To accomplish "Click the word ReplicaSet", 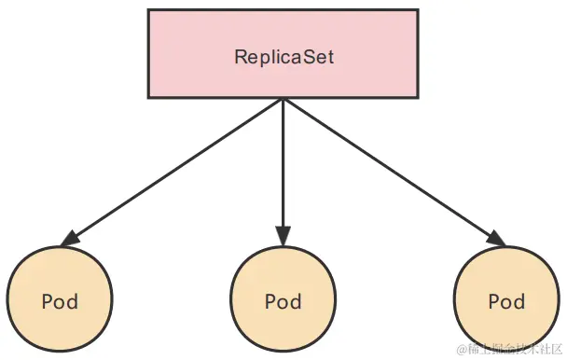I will click(283, 56).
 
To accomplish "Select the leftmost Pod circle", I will click(60, 300).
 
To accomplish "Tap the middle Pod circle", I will click(283, 300).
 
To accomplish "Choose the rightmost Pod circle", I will click(506, 300).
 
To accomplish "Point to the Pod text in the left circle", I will click(60, 302).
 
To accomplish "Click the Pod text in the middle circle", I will click(283, 302).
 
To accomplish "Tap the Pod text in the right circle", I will click(506, 302).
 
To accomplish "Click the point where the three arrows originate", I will click(283, 99).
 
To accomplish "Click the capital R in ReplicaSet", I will click(240, 56).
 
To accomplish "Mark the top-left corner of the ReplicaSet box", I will click(148, 10).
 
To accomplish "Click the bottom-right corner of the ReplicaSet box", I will click(418, 97).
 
